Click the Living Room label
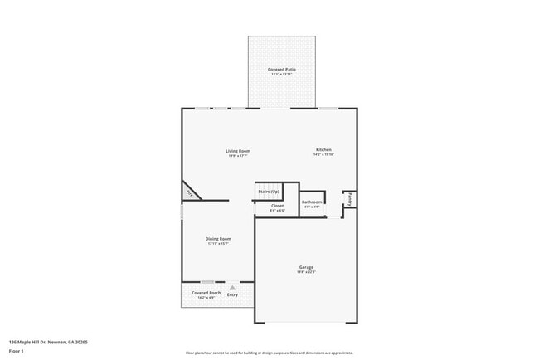(x=238, y=151)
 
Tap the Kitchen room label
(x=323, y=150)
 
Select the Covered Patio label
(x=281, y=69)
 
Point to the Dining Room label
(x=218, y=239)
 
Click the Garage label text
(x=307, y=267)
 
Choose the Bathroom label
(x=312, y=202)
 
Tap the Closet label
(x=277, y=205)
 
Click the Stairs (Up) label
(x=269, y=192)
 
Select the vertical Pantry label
(x=351, y=199)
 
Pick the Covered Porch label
(x=206, y=293)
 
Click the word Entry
(x=232, y=294)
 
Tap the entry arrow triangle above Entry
(x=232, y=287)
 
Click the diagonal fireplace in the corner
(x=190, y=192)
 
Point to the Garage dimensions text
(x=307, y=272)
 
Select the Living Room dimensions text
(x=238, y=156)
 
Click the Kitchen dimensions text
(x=323, y=155)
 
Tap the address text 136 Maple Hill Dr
(x=48, y=342)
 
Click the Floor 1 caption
(x=17, y=351)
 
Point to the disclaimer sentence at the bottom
(x=269, y=353)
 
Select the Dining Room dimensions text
(x=218, y=244)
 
